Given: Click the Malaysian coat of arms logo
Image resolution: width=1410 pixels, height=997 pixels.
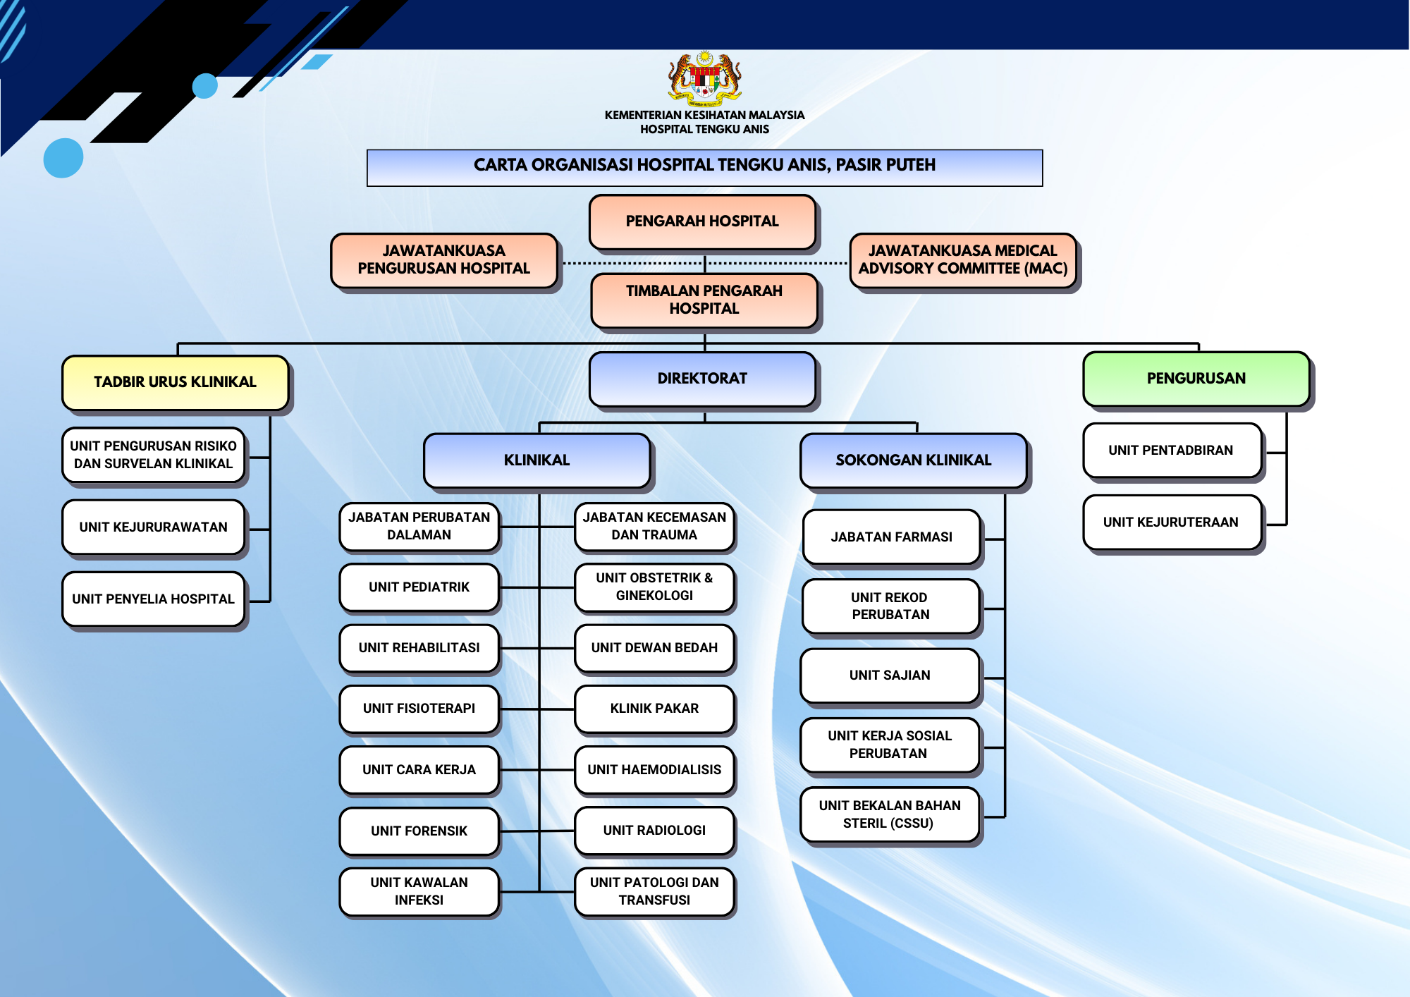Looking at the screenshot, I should click(x=704, y=78).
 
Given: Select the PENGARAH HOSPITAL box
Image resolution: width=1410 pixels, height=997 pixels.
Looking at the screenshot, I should click(x=702, y=221).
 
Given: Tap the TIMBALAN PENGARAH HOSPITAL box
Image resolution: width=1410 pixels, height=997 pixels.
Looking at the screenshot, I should click(x=704, y=300).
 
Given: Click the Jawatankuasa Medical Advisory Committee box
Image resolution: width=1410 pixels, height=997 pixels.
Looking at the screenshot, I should click(x=962, y=259).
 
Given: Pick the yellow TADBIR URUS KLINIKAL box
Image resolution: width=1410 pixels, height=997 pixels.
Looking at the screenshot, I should click(x=175, y=382).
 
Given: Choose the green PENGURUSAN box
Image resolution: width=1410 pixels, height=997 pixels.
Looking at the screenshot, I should click(x=1196, y=379).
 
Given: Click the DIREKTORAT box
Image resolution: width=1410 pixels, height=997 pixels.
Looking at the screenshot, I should click(x=702, y=379).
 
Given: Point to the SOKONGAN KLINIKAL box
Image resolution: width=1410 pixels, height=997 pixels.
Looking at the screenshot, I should click(x=913, y=460).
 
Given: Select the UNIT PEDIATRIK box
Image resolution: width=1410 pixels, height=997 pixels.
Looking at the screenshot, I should click(x=419, y=587).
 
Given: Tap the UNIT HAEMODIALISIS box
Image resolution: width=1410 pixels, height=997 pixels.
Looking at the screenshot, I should click(x=654, y=770).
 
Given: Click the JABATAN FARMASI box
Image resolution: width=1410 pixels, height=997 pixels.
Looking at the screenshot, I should click(x=891, y=537).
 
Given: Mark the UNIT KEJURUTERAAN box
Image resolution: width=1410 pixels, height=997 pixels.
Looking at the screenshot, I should click(x=1170, y=522).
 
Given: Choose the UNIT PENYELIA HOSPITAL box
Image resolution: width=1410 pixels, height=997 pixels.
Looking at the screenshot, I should click(x=153, y=599).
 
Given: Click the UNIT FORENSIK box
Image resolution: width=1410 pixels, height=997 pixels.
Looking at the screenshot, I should click(x=419, y=831).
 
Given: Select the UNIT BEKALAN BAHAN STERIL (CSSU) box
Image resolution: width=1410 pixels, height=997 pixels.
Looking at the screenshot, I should click(x=889, y=814).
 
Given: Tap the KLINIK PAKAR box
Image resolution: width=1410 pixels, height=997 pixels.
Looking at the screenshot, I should click(x=654, y=709).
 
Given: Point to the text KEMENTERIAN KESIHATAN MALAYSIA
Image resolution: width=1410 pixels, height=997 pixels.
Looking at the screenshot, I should click(x=704, y=115).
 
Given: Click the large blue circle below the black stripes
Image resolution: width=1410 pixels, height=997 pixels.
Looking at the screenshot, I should click(x=63, y=158).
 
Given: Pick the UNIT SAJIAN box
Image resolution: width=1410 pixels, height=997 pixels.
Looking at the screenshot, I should click(x=889, y=675).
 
